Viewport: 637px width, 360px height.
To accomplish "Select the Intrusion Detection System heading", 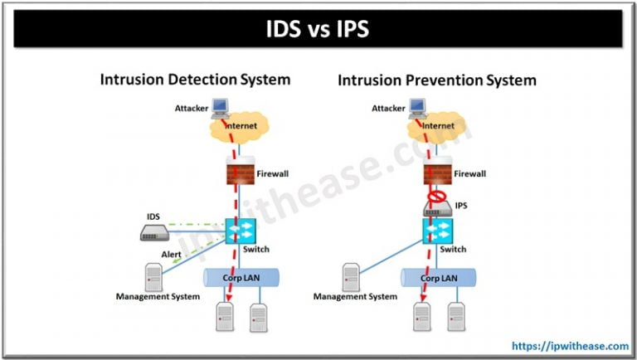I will point(195,80).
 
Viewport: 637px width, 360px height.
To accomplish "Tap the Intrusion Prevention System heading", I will point(436,80).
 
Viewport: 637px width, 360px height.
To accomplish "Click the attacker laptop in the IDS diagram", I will point(219,106).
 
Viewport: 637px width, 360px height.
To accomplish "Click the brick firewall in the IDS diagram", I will point(239,173).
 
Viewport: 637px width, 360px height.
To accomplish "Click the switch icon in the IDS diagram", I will point(240,230).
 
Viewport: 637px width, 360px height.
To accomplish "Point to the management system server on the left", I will point(154,275).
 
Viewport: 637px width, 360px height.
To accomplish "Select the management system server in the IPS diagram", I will point(350,275).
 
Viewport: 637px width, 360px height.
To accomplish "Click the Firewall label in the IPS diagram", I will point(469,173).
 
